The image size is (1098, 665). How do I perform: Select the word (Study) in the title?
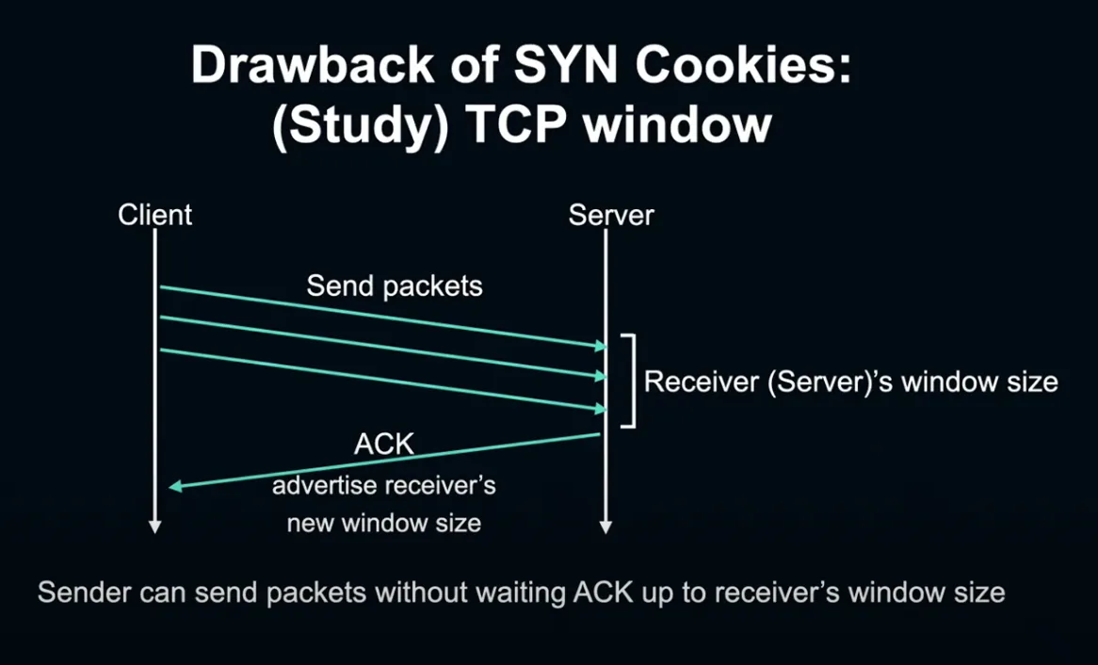pos(360,127)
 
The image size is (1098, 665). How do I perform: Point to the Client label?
pos(154,215)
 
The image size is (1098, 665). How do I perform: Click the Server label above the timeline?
pos(610,215)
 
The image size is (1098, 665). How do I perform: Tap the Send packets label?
pos(395,286)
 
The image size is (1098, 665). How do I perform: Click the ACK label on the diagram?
pos(384,445)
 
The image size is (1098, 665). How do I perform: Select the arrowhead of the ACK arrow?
pos(176,486)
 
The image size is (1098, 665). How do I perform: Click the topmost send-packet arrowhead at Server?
pos(600,346)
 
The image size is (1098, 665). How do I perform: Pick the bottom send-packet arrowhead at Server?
pos(600,409)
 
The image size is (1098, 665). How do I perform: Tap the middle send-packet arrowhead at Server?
pos(600,376)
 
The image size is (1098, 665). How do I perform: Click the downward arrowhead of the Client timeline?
pos(155,527)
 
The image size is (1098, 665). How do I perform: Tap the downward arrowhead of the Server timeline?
pos(606,527)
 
